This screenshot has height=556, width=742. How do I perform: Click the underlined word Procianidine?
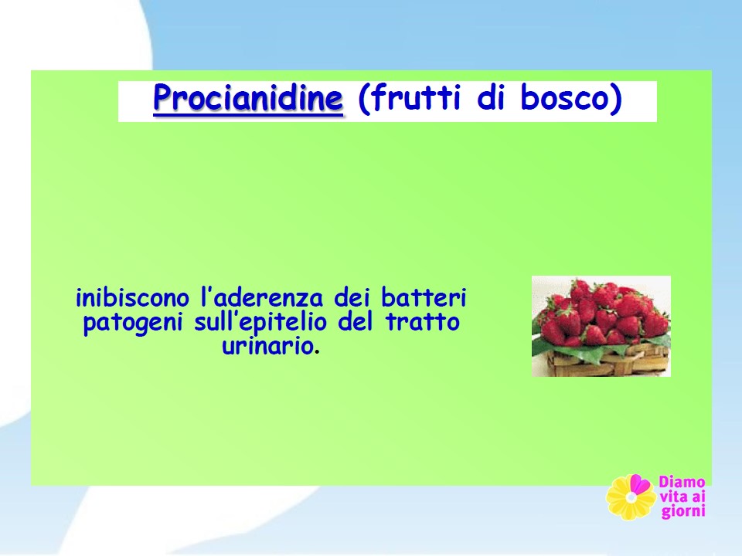point(248,98)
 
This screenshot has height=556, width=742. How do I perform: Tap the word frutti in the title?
point(416,97)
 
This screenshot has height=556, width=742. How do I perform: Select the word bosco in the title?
point(564,97)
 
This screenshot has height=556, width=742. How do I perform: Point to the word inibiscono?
point(132,297)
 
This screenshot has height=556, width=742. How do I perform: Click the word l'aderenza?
point(262,297)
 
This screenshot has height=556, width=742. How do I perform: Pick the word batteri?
point(424,297)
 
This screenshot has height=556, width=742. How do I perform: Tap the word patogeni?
point(133,324)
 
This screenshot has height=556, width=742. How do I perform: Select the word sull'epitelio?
point(260,323)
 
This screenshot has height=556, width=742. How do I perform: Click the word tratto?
point(423,322)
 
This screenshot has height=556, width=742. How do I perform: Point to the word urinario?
point(267,346)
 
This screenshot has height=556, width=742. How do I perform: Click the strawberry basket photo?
point(601,326)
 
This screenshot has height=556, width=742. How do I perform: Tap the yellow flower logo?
point(631,497)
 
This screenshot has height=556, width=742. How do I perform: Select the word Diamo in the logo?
point(682,482)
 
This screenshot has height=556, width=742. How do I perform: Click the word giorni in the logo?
point(683,511)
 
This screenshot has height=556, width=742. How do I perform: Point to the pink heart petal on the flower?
point(640,484)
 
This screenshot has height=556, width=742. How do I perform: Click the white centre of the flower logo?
point(631,497)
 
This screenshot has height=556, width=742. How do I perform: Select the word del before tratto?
point(356,322)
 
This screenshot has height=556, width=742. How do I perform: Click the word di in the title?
point(490,97)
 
